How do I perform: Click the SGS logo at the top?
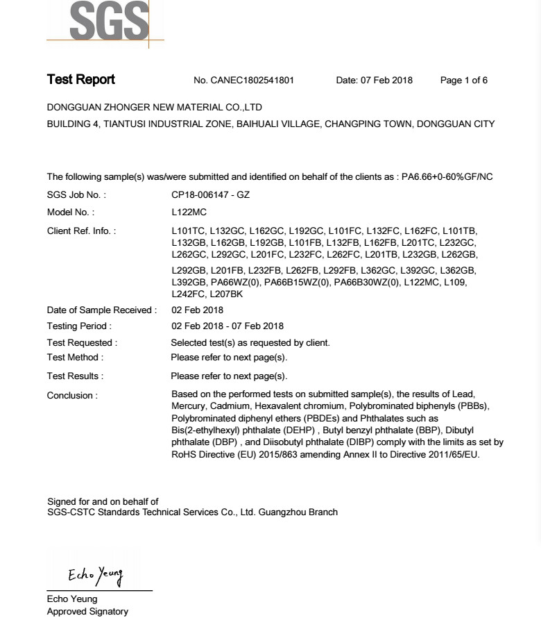pos(110,21)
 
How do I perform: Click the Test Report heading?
pos(80,80)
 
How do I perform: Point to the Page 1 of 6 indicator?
pos(463,81)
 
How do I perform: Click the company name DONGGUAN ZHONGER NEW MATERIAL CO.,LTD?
pos(154,108)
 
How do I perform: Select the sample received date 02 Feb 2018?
pos(197,310)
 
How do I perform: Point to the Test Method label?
pos(75,358)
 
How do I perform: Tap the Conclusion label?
pos(72,396)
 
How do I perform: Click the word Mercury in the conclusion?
pos(189,406)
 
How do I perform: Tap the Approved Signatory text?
pos(87,612)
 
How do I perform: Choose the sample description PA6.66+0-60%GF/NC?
pos(447,177)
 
